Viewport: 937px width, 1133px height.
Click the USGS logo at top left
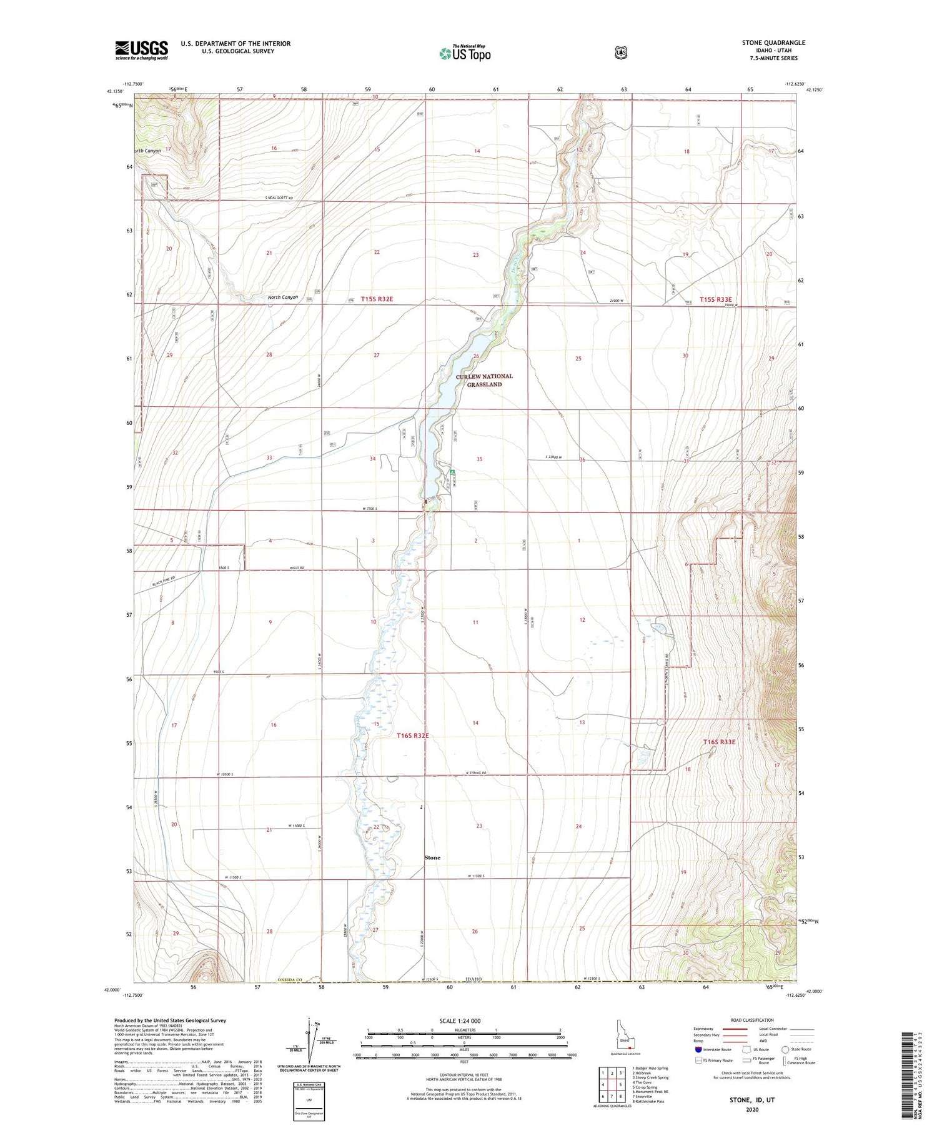pyautogui.click(x=141, y=50)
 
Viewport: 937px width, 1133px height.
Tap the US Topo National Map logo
pyautogui.click(x=465, y=52)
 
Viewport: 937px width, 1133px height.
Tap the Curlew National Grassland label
pyautogui.click(x=484, y=380)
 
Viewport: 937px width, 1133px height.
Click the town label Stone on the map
pyautogui.click(x=432, y=857)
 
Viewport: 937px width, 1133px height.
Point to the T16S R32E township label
pyautogui.click(x=413, y=736)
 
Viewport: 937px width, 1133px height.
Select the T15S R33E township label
pyautogui.click(x=715, y=299)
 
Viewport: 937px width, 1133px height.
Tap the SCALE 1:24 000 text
pyautogui.click(x=464, y=1021)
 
